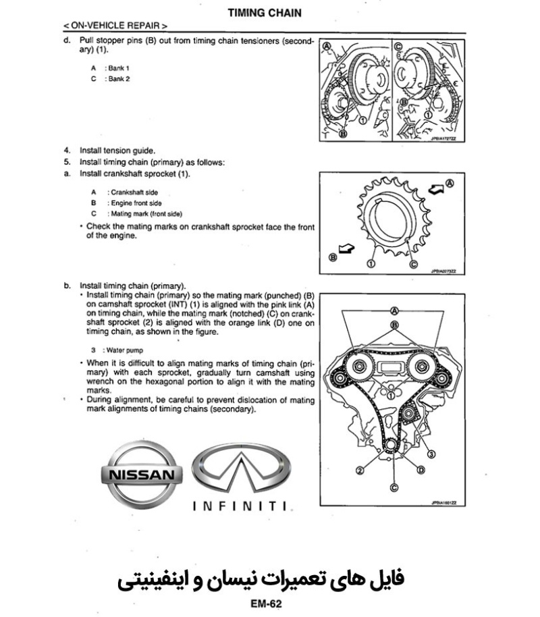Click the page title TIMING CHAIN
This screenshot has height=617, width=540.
265,12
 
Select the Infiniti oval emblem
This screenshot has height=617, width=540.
241,470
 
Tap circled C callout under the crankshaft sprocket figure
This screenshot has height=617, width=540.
413,263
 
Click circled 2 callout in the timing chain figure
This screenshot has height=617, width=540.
360,470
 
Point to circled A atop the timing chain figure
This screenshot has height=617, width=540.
394,311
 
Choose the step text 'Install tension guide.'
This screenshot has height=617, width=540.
117,151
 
